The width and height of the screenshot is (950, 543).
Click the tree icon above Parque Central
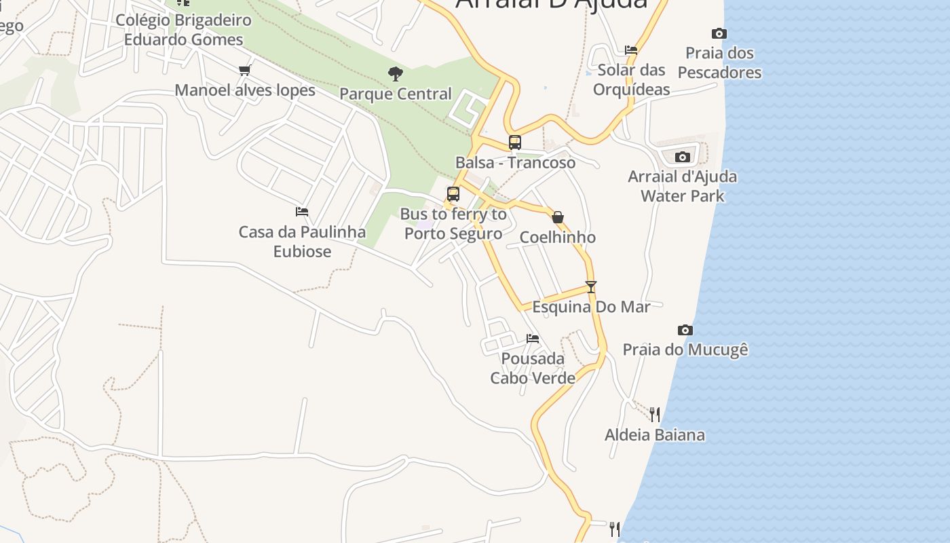click(x=395, y=74)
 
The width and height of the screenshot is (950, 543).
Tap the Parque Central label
click(x=396, y=94)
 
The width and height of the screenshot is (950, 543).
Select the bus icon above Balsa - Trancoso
click(x=515, y=143)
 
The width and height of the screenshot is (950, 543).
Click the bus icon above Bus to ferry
click(x=453, y=194)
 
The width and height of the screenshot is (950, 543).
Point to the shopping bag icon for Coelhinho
click(x=558, y=217)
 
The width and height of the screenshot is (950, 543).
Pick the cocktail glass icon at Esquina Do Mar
click(x=591, y=287)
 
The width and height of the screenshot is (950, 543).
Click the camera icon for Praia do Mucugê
click(x=685, y=330)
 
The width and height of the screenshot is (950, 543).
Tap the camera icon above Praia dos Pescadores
click(x=719, y=33)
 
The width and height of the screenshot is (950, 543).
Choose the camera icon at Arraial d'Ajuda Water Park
click(x=683, y=157)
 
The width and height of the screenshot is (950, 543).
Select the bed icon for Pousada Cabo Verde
click(x=533, y=338)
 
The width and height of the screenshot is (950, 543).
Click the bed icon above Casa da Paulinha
click(x=302, y=212)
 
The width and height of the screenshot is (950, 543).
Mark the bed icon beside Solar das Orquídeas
click(x=631, y=50)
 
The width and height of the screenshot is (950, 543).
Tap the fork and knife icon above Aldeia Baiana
click(x=655, y=414)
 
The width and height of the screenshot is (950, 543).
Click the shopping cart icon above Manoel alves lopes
click(x=245, y=70)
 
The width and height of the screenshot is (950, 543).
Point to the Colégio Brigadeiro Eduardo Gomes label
click(x=183, y=30)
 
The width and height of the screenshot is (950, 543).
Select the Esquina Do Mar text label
click(x=591, y=307)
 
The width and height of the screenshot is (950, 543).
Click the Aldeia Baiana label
click(x=655, y=435)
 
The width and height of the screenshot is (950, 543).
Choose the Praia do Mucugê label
click(x=685, y=350)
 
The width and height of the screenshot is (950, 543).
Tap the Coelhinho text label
click(x=558, y=238)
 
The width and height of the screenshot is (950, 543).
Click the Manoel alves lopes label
click(x=245, y=90)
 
